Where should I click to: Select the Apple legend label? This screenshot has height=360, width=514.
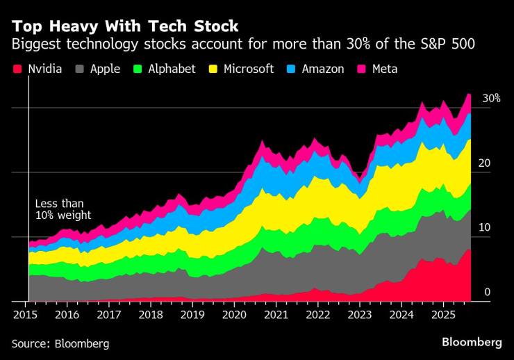[104, 69]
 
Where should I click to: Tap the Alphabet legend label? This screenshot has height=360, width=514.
[172, 69]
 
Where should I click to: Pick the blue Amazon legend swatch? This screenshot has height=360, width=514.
[292, 69]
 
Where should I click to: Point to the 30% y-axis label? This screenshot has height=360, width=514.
[491, 99]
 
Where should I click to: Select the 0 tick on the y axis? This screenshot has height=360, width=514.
[488, 293]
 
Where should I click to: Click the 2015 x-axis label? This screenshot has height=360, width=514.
[25, 315]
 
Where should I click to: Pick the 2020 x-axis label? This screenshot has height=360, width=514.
[235, 315]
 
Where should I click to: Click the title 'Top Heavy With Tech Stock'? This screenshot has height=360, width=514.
[125, 26]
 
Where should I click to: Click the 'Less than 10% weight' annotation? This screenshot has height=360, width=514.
[63, 210]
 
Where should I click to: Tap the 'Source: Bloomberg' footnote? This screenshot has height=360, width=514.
[60, 343]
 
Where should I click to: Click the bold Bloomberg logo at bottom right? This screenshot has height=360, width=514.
[472, 342]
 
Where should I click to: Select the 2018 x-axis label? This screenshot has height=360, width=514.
[151, 315]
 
